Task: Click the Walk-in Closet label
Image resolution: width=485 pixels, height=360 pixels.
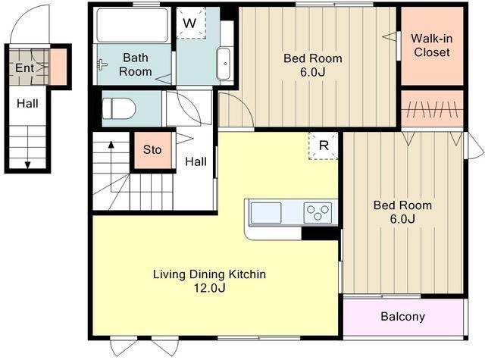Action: (x=431, y=45)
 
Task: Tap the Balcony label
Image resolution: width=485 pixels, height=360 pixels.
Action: (x=402, y=316)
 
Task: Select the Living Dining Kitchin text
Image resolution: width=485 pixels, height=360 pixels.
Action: (x=209, y=274)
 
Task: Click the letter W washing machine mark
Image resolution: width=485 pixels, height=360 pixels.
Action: (x=189, y=23)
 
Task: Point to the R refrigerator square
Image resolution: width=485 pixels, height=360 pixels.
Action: (x=324, y=146)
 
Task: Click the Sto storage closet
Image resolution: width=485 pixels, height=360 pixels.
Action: (x=153, y=150)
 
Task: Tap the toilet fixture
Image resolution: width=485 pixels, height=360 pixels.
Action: (x=119, y=108)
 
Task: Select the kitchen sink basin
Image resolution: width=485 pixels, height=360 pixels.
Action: (x=266, y=213)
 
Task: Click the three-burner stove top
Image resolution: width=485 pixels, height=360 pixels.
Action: (x=318, y=213)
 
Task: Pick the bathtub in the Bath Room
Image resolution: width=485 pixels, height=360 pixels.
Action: (x=133, y=25)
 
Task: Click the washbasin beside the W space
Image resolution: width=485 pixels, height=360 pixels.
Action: (x=224, y=64)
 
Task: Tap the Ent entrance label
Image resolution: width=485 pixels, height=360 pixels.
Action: (x=24, y=67)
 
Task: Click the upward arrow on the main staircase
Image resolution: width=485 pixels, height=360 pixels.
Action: (x=111, y=167)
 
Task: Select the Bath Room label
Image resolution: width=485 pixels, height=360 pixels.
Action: (x=136, y=64)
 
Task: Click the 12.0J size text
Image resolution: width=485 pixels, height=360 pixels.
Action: (x=209, y=288)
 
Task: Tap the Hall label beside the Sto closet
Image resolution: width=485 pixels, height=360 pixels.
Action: (x=196, y=161)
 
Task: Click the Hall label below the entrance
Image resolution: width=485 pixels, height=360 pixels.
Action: (x=27, y=103)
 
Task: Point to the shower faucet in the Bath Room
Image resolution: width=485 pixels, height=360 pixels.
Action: (x=102, y=64)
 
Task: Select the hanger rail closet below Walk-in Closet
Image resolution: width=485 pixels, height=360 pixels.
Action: (x=433, y=109)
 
